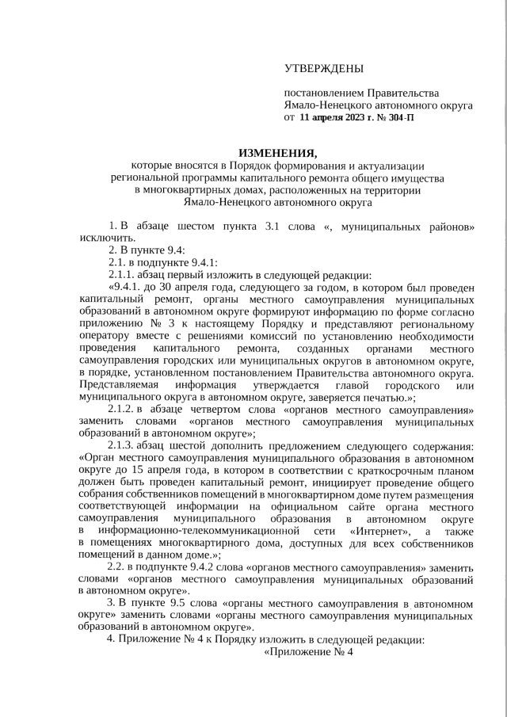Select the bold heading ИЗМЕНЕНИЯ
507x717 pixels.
[277, 153]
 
